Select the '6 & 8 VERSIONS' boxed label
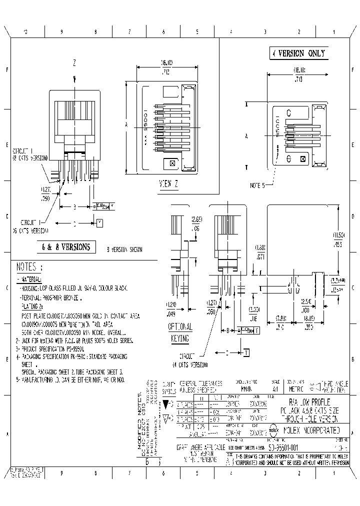point(66,246)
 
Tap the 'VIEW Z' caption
point(168,183)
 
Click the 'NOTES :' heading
point(29,266)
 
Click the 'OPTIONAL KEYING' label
point(179,333)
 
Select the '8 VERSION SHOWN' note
point(124,249)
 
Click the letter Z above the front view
point(74,63)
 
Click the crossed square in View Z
point(172,163)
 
